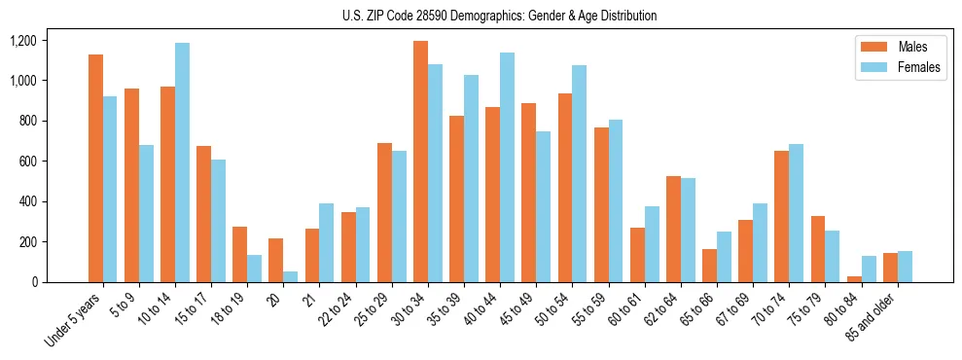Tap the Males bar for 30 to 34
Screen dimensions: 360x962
click(x=420, y=162)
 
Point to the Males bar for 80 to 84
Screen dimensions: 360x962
click(x=854, y=279)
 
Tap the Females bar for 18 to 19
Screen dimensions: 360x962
click(x=254, y=269)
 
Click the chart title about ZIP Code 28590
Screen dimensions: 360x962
click(x=499, y=16)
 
